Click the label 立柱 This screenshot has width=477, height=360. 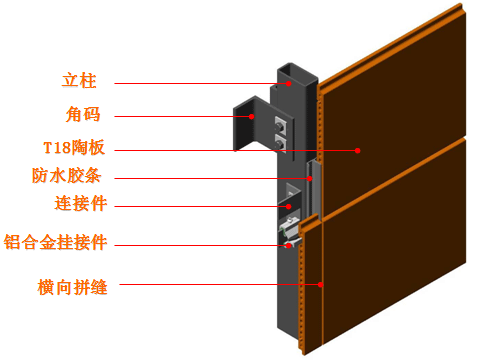[x=79, y=81]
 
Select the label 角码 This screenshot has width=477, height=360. [x=83, y=114]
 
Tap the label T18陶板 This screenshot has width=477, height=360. [x=74, y=147]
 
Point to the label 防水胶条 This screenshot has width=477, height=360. [x=66, y=175]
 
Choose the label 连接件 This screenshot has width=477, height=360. [x=81, y=203]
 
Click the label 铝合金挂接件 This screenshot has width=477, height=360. [x=55, y=242]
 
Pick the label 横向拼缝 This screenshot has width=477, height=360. [x=72, y=287]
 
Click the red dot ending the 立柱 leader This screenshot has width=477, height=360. [x=289, y=83]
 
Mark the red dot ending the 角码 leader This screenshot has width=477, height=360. [x=252, y=116]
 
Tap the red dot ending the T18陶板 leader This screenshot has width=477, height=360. [x=357, y=151]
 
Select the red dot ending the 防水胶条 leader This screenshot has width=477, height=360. [x=310, y=179]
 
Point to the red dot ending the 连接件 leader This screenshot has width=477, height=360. [x=289, y=207]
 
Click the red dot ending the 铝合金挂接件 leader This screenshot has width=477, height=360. [x=288, y=246]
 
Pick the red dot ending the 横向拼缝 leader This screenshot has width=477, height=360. [x=320, y=285]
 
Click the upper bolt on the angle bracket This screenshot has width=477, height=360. [x=279, y=126]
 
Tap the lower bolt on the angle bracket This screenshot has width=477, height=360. [x=280, y=144]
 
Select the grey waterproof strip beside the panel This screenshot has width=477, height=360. [x=314, y=189]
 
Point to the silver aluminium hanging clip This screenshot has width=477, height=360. [x=289, y=232]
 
